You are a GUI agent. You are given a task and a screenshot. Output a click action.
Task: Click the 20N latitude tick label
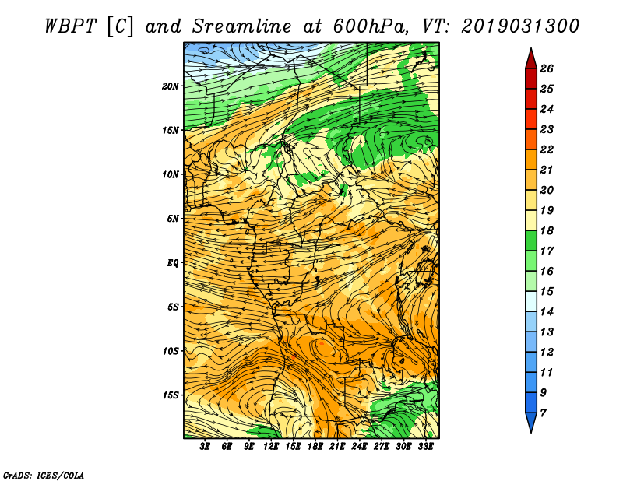click(x=171, y=86)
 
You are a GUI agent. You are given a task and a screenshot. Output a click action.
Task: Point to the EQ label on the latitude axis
click(x=172, y=262)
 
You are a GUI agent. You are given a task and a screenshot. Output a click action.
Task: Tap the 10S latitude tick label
click(x=171, y=351)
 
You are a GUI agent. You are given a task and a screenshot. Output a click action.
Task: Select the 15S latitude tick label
click(x=171, y=395)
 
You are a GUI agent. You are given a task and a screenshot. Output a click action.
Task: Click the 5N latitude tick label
click(x=173, y=219)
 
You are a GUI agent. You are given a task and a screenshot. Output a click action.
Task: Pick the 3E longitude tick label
click(x=205, y=447)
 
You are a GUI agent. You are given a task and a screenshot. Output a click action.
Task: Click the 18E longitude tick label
click(x=315, y=447)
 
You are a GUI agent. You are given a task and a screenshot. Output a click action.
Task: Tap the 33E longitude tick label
click(x=425, y=447)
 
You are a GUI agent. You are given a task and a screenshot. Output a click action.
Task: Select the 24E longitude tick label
click(x=359, y=447)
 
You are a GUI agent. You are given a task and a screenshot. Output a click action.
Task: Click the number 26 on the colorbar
click(x=547, y=68)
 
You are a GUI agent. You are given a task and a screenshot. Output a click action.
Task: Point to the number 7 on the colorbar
click(x=543, y=413)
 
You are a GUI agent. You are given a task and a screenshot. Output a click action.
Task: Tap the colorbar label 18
click(x=547, y=230)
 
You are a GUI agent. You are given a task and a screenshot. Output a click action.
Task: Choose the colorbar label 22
click(x=547, y=149)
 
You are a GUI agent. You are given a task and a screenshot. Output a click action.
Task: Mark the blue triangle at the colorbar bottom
click(x=531, y=420)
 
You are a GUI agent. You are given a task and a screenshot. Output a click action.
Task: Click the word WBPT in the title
click(x=70, y=26)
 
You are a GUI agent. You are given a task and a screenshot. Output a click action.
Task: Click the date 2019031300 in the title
click(x=520, y=26)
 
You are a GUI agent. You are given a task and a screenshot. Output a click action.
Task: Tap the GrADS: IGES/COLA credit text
click(x=44, y=476)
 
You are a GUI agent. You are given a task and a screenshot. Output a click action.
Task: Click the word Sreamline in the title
click(x=242, y=26)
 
